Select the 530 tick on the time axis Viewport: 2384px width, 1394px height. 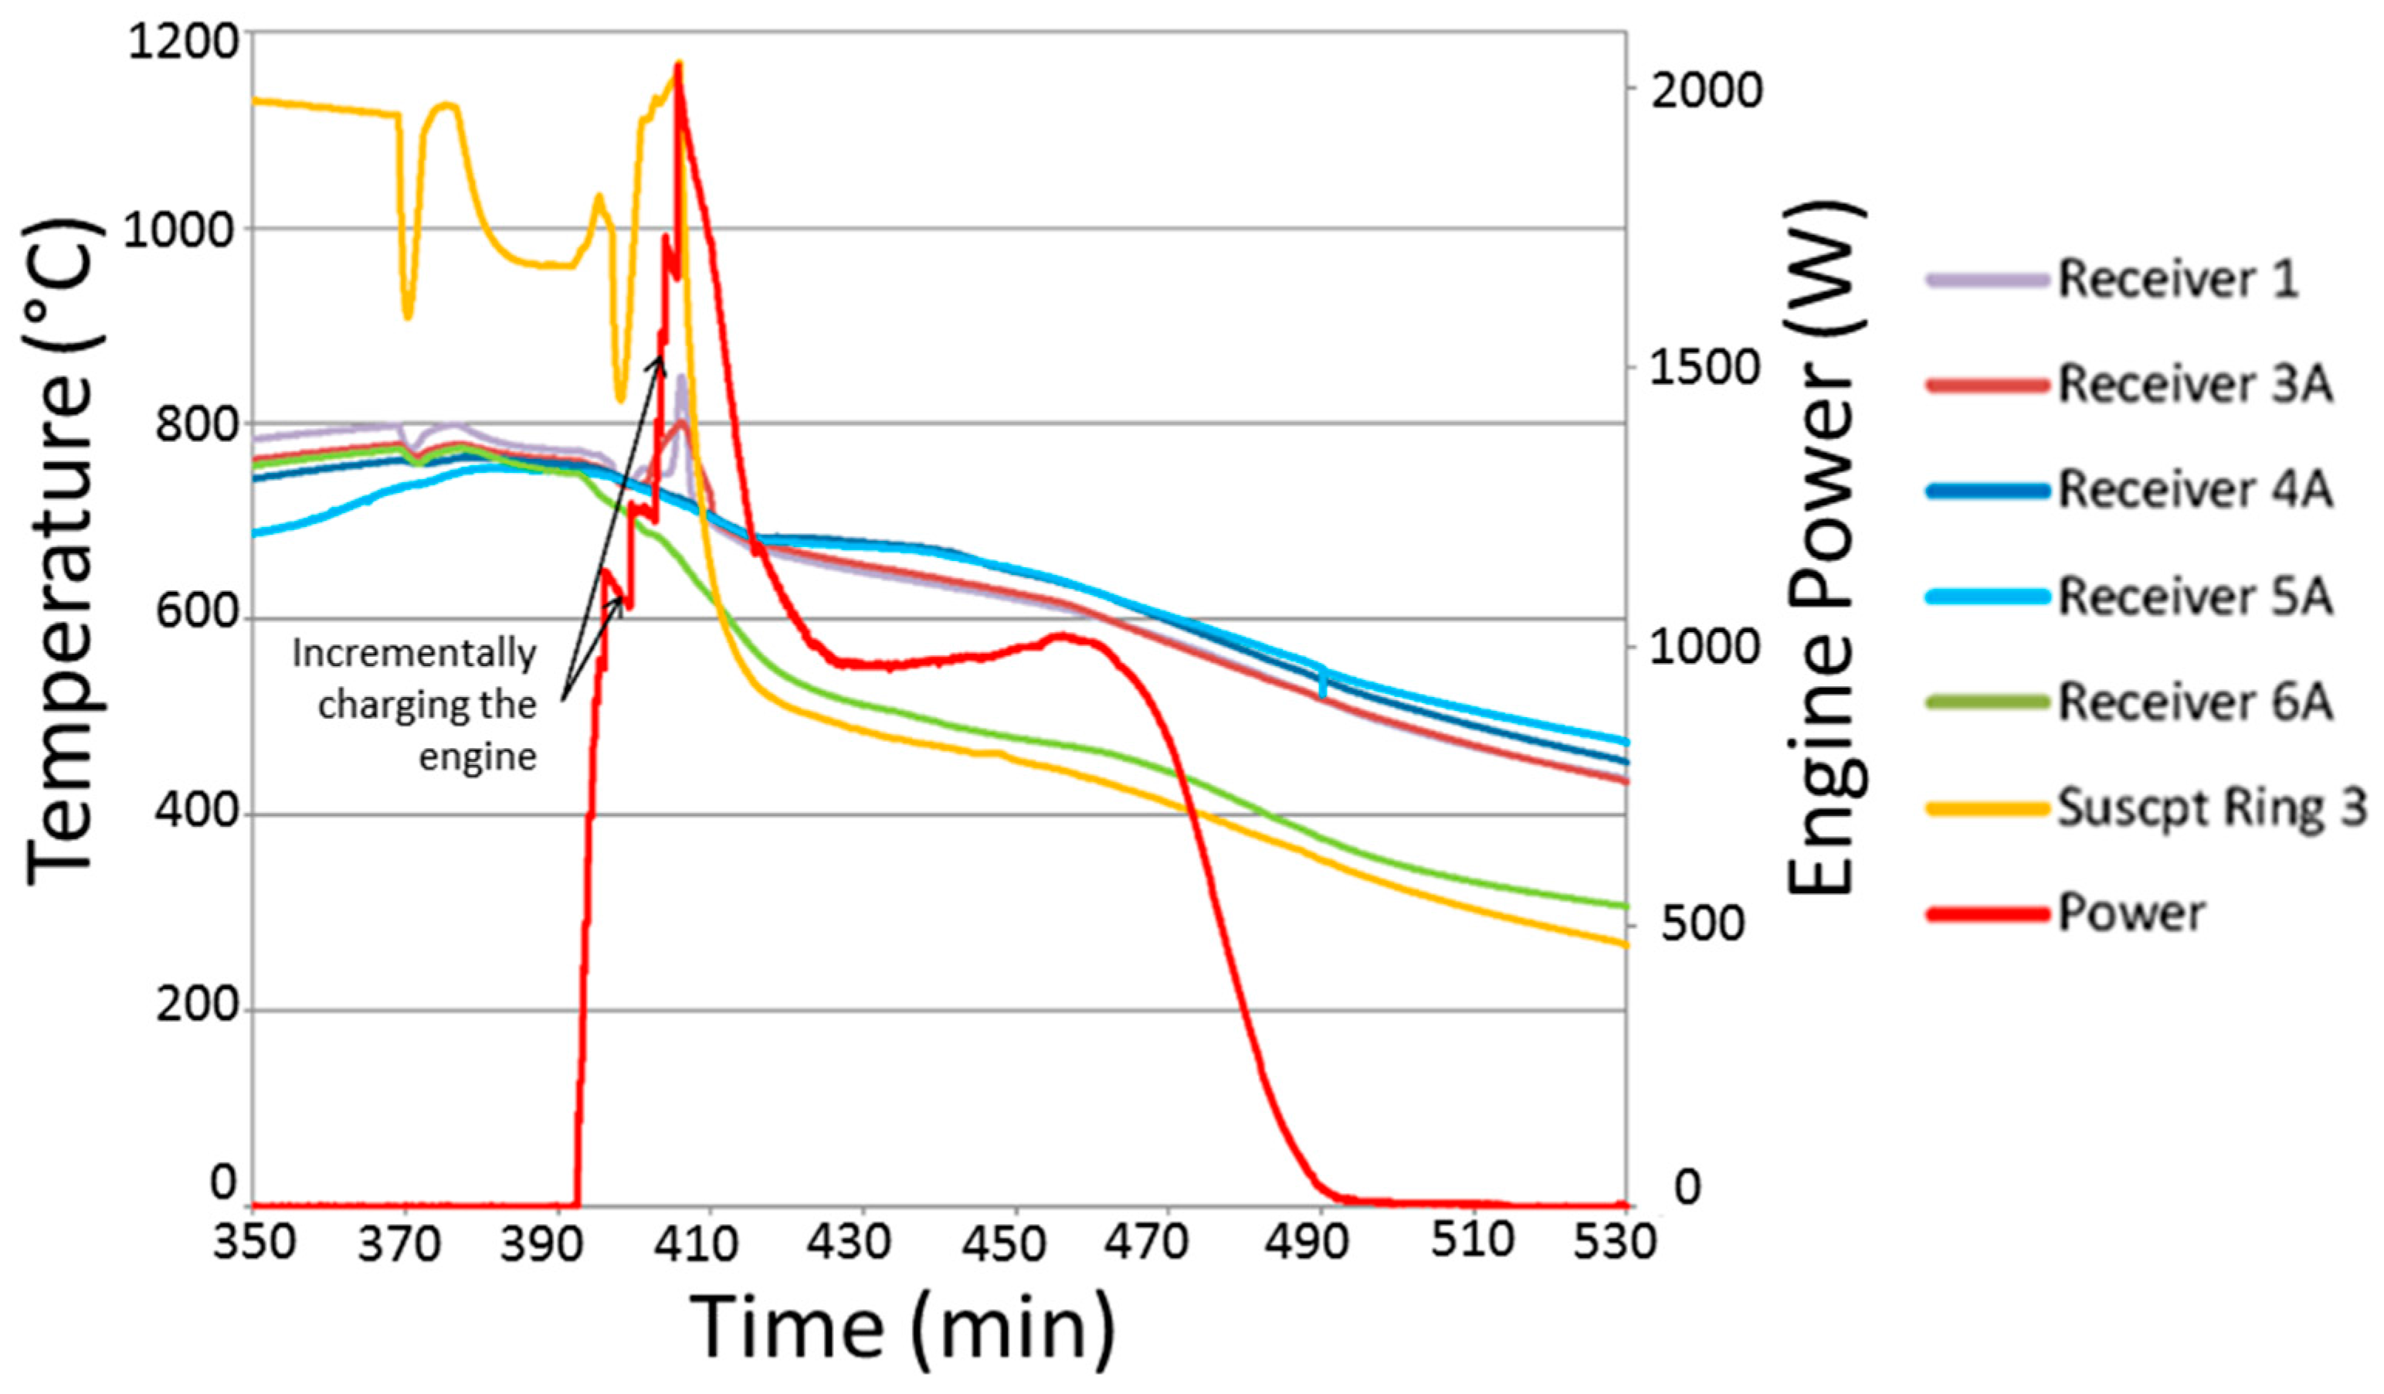[1614, 1242]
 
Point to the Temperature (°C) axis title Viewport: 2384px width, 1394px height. [62, 553]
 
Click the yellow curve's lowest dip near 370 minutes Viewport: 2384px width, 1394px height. [408, 317]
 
